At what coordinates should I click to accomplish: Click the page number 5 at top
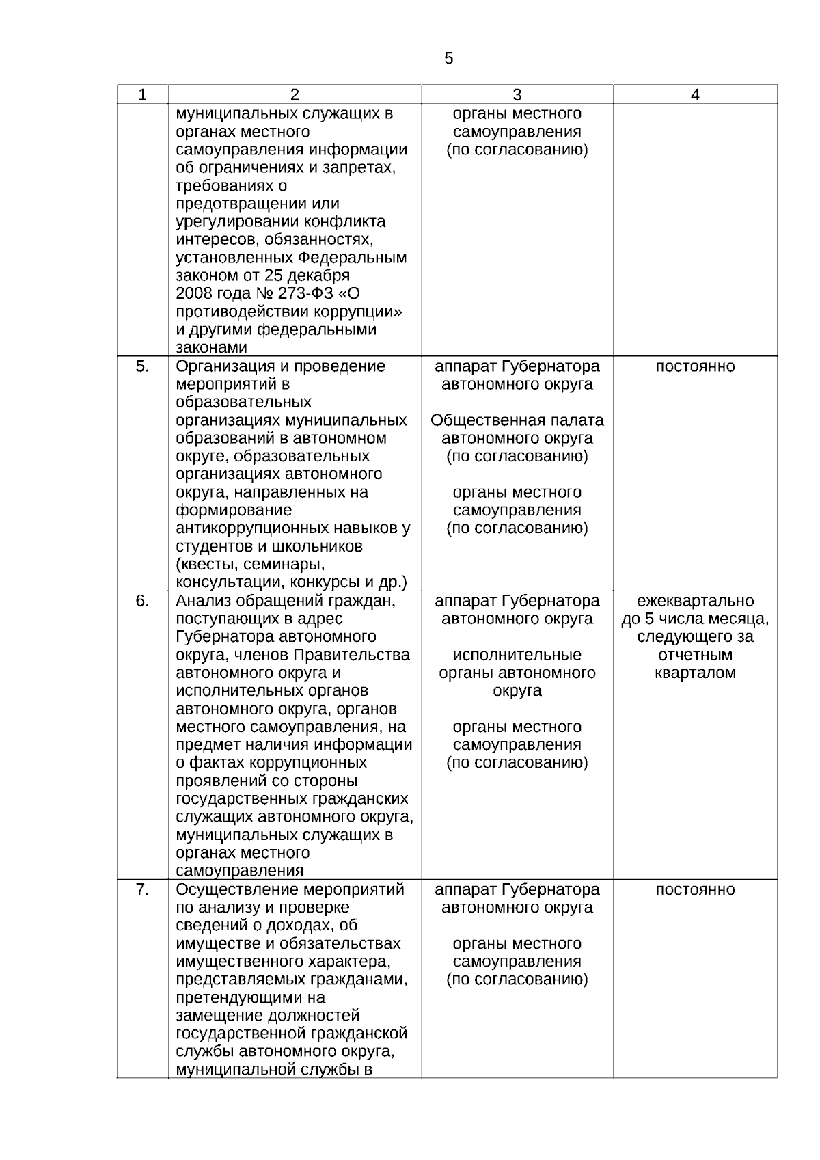(448, 59)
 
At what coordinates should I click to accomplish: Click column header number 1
(142, 95)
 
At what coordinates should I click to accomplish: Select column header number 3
(517, 95)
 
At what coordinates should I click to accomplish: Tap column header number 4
(695, 95)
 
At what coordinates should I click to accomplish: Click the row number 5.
(142, 366)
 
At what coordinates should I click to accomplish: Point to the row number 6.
(142, 601)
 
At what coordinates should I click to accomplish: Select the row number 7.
(142, 889)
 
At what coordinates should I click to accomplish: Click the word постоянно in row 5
(695, 366)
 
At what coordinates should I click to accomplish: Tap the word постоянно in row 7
(695, 889)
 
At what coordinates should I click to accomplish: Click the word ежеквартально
(695, 601)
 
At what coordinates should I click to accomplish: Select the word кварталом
(695, 673)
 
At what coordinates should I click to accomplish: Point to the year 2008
(194, 294)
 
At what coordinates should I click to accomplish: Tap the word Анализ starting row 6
(203, 601)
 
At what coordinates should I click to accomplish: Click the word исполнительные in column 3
(517, 655)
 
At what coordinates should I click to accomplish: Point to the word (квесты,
(207, 565)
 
